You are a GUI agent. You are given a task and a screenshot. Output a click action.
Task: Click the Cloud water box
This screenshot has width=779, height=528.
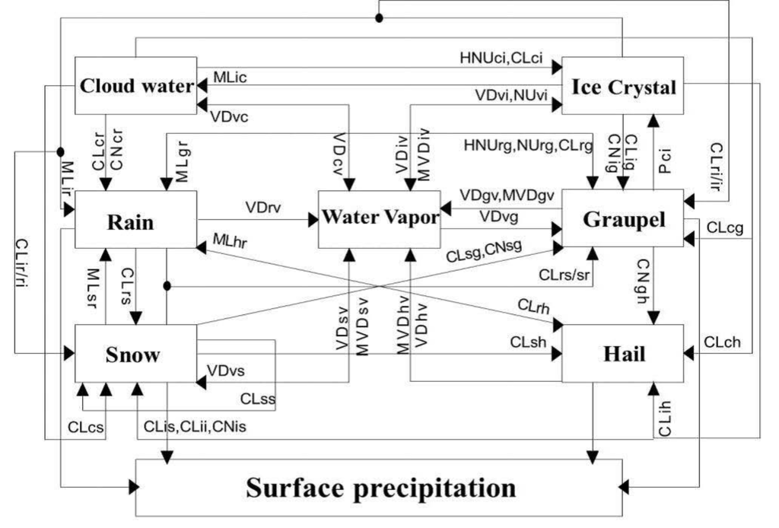point(135,85)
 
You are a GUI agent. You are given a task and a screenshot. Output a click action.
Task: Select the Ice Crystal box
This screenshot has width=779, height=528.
point(622,87)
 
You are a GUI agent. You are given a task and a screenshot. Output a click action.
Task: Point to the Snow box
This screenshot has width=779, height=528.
point(135,355)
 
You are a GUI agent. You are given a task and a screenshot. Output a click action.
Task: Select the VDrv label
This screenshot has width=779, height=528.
point(260,207)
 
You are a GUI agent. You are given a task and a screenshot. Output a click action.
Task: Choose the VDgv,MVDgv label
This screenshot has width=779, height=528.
point(507,196)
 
